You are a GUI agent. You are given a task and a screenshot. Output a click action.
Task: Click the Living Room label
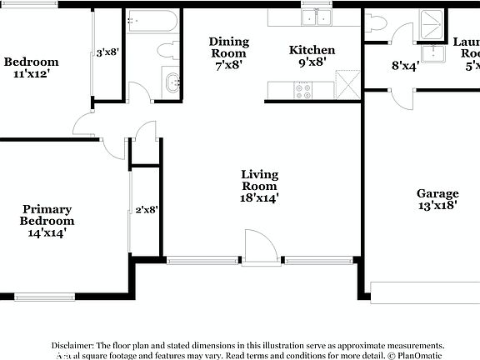pyautogui.click(x=259, y=180)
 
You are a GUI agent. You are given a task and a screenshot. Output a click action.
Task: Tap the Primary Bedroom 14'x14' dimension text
pyautogui.click(x=47, y=233)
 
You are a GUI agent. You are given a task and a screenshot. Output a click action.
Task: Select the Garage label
pyautogui.click(x=437, y=193)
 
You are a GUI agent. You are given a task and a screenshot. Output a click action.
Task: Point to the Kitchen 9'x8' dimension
pyautogui.click(x=312, y=61)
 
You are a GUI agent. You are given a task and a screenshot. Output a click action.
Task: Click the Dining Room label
pyautogui.click(x=229, y=47)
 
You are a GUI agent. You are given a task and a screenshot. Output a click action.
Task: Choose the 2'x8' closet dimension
pyautogui.click(x=146, y=210)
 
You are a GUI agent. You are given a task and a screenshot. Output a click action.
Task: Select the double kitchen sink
pyautogui.click(x=317, y=18)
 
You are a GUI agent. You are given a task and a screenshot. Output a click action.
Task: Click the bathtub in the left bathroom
pyautogui.click(x=152, y=20)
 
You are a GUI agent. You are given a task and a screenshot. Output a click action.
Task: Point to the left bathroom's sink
pyautogui.click(x=172, y=82)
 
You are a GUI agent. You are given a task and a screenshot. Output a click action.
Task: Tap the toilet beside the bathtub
pyautogui.click(x=169, y=49)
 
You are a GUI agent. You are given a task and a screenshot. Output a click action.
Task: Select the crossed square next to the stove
pyautogui.click(x=345, y=85)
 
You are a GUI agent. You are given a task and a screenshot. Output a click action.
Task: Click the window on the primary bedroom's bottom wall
pyautogui.click(x=44, y=296)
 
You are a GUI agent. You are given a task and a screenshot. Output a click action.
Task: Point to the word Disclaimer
pyautogui.click(x=73, y=345)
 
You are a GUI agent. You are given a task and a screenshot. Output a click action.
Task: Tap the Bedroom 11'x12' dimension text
pyautogui.click(x=31, y=73)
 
